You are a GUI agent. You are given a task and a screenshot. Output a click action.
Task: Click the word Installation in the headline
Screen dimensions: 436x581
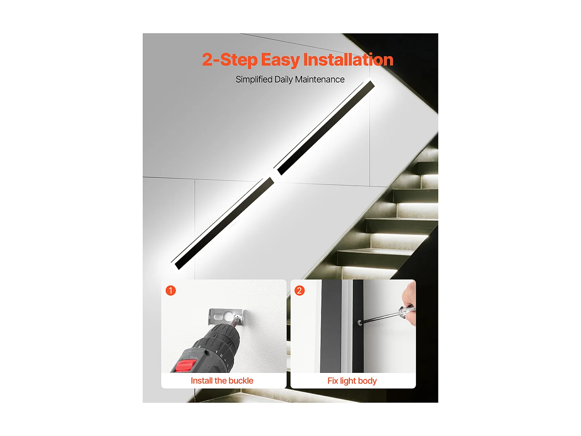point(348,60)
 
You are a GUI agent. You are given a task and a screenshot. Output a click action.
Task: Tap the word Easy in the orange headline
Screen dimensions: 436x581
point(280,60)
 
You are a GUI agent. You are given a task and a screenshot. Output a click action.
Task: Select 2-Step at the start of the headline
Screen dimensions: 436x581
point(229,60)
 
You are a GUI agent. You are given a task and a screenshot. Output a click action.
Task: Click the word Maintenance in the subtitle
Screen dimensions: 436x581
point(320,79)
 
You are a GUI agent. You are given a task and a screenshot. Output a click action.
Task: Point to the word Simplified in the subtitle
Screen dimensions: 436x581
point(254,79)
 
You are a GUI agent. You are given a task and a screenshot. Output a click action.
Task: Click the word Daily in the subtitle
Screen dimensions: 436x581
point(283,79)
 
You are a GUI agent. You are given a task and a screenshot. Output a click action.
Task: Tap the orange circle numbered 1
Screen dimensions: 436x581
point(171,291)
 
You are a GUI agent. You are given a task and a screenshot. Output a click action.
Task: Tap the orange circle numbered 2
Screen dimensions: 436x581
point(299,291)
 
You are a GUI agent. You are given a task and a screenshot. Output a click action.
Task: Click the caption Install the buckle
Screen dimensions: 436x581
point(222,381)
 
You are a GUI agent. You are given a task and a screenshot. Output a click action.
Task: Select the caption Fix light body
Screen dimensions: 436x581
point(352,381)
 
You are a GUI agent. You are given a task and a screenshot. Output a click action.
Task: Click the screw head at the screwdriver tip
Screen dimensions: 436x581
point(360,322)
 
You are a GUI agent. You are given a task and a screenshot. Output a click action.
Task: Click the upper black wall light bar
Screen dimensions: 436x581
point(325,128)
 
